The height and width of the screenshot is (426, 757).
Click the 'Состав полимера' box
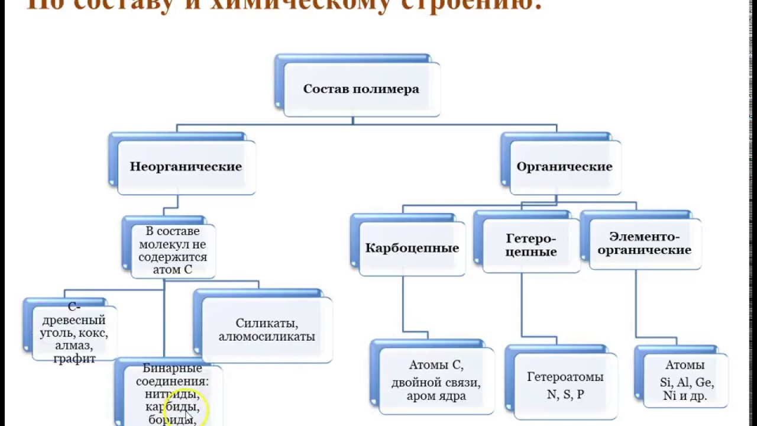pos(361,89)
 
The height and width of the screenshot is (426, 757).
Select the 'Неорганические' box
pos(186,167)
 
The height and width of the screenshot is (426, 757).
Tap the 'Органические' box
pos(564,167)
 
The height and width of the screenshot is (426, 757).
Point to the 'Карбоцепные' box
pos(412,248)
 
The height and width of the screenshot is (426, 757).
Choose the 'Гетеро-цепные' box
pos(531,245)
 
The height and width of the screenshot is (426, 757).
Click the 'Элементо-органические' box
pos(644,243)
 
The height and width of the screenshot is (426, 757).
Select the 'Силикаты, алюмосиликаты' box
pos(267,330)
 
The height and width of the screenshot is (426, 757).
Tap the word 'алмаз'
pos(73,346)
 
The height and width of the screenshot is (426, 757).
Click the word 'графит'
pos(74,358)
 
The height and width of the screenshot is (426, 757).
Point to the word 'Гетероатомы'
pos(565,377)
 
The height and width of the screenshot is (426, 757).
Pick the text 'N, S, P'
pos(565,394)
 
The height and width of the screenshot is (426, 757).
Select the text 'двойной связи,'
pos(436,382)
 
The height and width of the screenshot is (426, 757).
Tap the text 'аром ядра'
pos(436,396)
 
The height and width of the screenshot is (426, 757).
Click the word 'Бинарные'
pos(172,368)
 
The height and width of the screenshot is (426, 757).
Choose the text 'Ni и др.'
pos(685,396)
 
